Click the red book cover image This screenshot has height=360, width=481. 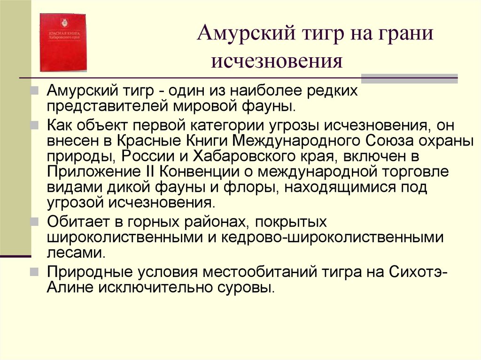pos(63,42)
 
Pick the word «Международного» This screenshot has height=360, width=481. pos(287,141)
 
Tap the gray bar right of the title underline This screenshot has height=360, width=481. pos(409,78)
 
